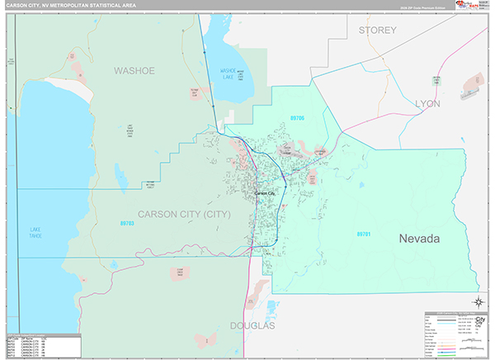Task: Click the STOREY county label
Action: [x=378, y=30]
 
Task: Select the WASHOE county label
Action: [x=134, y=71]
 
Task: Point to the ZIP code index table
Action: [x=40, y=345]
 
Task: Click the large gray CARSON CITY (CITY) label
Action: [x=185, y=214]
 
